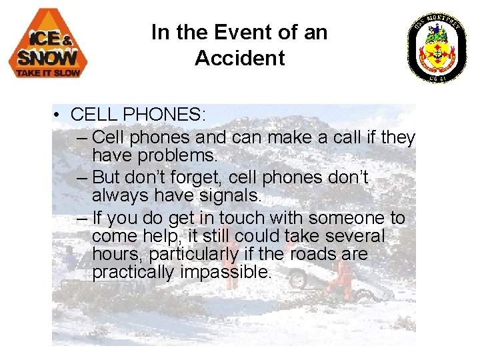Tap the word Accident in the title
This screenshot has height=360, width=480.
coord(239,58)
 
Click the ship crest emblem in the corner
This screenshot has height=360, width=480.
coord(437,47)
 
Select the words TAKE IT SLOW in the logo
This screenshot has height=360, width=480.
coord(48,71)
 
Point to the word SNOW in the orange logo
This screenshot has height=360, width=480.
coord(47,57)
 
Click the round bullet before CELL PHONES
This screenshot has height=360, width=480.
coord(59,116)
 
